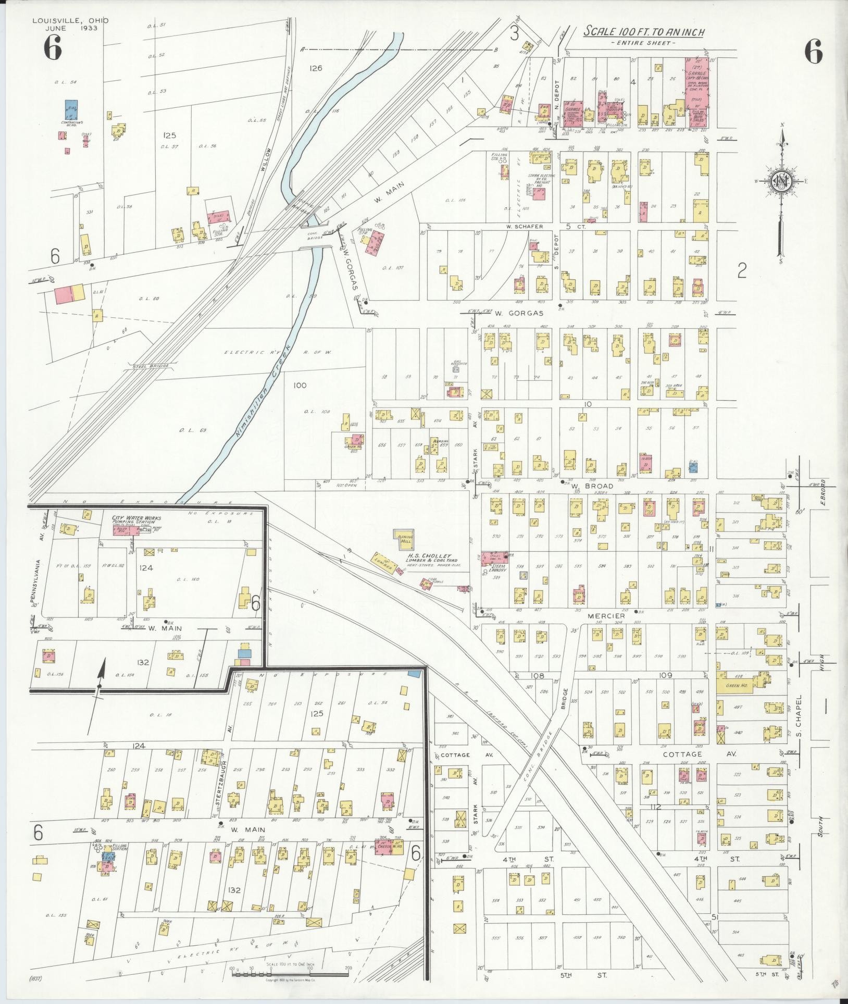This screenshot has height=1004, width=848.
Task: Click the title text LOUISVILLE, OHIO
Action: (x=71, y=20)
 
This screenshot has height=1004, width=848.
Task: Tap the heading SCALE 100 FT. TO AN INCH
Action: (x=643, y=32)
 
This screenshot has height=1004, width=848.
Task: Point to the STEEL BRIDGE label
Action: (x=151, y=366)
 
